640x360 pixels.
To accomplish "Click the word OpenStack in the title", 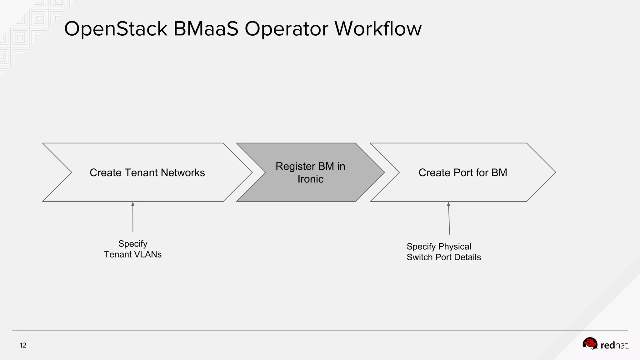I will (116, 29).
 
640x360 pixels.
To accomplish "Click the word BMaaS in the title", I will (206, 29).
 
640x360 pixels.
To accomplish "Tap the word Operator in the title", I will (286, 29).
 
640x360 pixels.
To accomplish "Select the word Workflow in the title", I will (378, 29).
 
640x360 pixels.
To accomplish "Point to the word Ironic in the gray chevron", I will (310, 179).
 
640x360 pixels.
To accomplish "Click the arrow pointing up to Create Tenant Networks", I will (133, 217).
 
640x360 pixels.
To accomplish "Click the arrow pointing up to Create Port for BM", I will (449, 219).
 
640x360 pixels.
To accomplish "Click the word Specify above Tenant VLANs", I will (133, 244).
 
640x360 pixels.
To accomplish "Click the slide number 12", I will (23, 345).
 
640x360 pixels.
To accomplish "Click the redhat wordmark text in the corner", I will (614, 345).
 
